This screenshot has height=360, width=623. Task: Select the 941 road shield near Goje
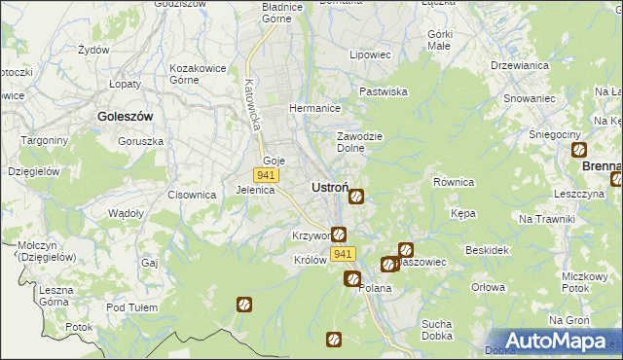click(266, 175)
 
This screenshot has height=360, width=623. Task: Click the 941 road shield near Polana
click(342, 254)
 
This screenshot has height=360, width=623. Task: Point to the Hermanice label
click(313, 108)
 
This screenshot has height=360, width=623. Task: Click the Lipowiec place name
click(369, 54)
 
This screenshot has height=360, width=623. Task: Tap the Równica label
click(453, 182)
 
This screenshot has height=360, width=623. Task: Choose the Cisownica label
click(191, 195)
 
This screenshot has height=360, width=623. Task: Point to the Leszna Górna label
click(56, 296)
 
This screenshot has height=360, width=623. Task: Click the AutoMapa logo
click(551, 341)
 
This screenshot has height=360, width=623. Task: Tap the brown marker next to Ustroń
click(356, 197)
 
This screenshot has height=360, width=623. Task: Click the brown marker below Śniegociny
click(579, 150)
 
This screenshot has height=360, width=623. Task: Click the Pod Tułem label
click(131, 307)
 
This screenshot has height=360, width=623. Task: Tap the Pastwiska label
click(383, 90)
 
